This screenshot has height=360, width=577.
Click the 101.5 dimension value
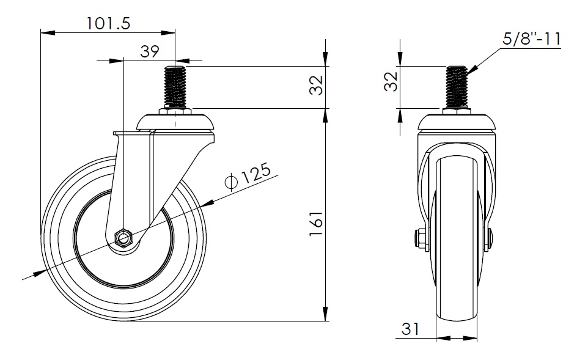click(x=108, y=24)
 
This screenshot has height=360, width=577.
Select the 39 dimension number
click(x=149, y=51)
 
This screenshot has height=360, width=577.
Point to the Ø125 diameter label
click(x=248, y=175)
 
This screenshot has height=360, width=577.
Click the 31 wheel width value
click(x=410, y=329)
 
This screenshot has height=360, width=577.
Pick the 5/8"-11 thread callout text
click(x=531, y=39)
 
